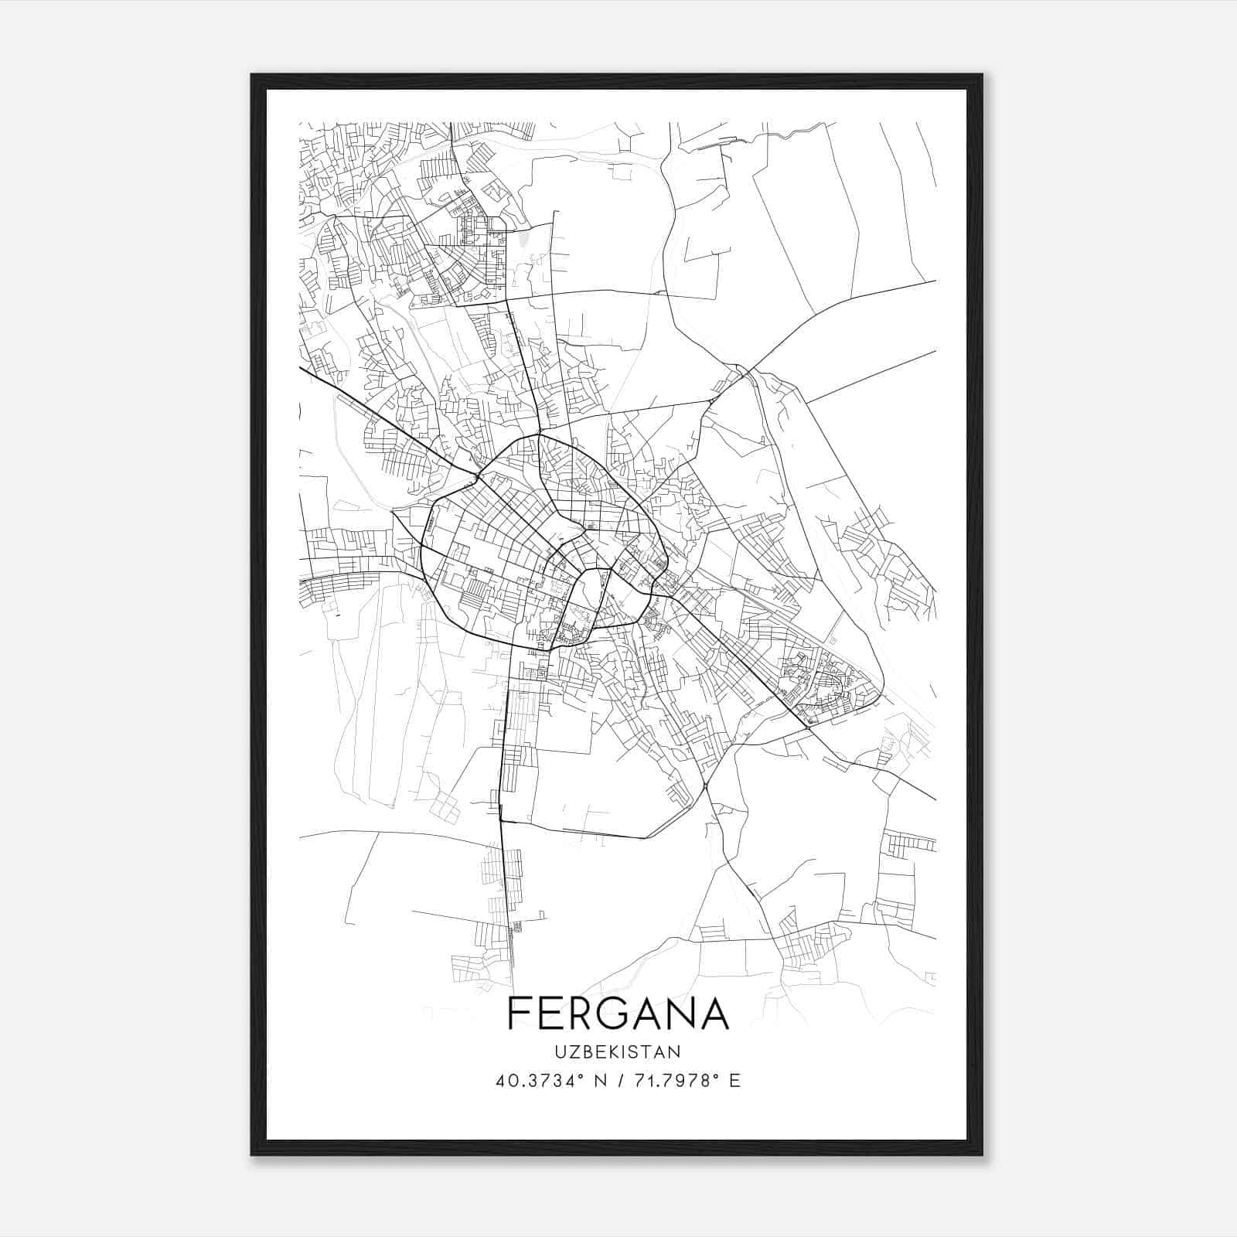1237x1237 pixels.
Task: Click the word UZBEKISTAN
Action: click(x=617, y=1051)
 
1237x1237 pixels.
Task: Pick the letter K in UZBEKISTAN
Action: click(x=617, y=1051)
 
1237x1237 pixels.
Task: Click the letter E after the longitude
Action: click(x=735, y=1080)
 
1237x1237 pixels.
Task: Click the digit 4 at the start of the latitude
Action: click(x=501, y=1080)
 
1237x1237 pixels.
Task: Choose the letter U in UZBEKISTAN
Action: click(x=560, y=1051)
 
